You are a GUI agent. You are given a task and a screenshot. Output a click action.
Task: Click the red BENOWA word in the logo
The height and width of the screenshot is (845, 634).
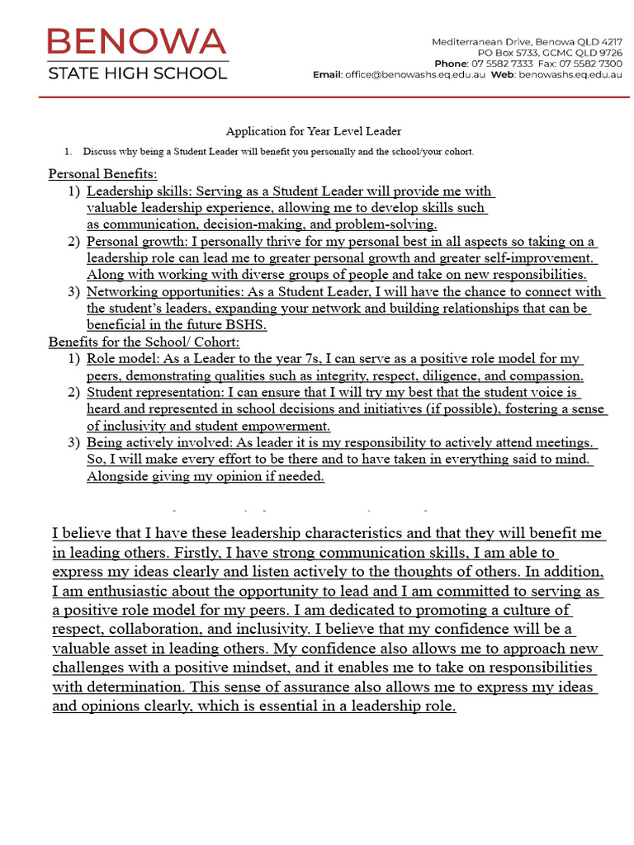click(137, 41)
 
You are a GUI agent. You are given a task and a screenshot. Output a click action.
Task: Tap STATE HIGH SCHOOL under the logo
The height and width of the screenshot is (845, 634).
click(137, 73)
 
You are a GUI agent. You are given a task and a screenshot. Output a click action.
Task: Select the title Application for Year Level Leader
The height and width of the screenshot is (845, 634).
click(314, 131)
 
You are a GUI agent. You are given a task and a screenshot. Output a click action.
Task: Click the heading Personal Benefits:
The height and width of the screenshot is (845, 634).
click(102, 174)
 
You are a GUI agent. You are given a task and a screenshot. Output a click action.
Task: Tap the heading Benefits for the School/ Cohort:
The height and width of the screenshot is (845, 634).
click(144, 342)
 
